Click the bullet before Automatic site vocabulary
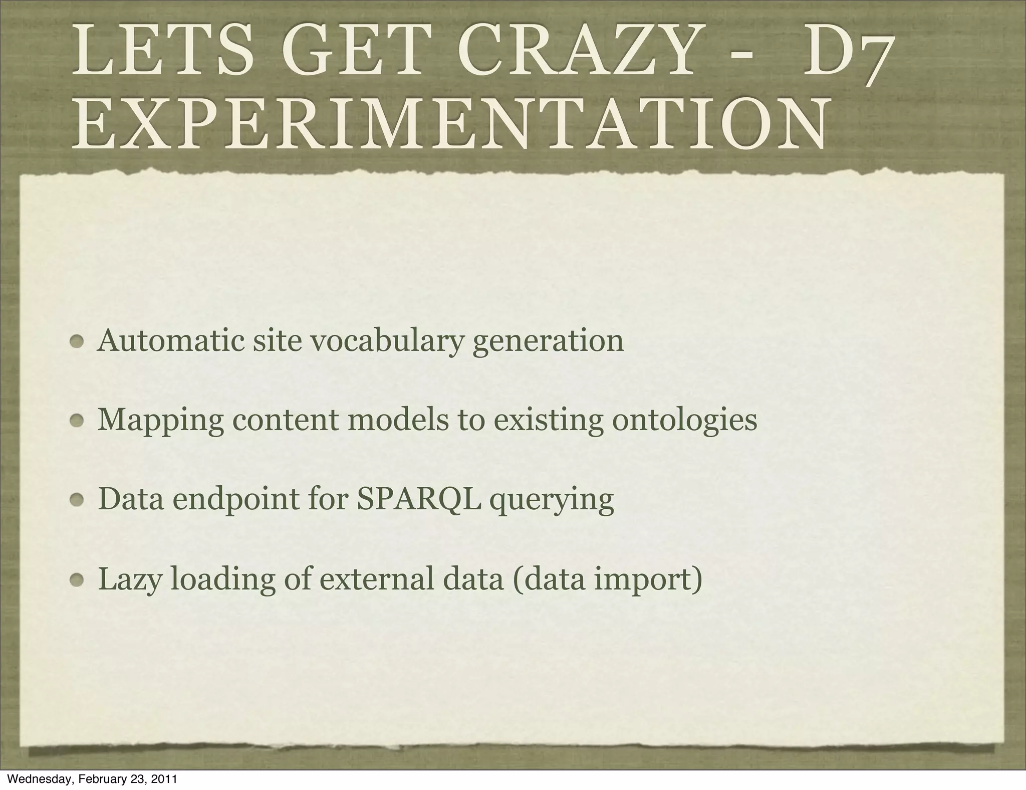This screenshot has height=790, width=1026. pyautogui.click(x=78, y=342)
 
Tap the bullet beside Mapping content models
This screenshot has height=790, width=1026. pyautogui.click(x=78, y=422)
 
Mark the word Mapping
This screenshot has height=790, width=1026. pyautogui.click(x=160, y=421)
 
